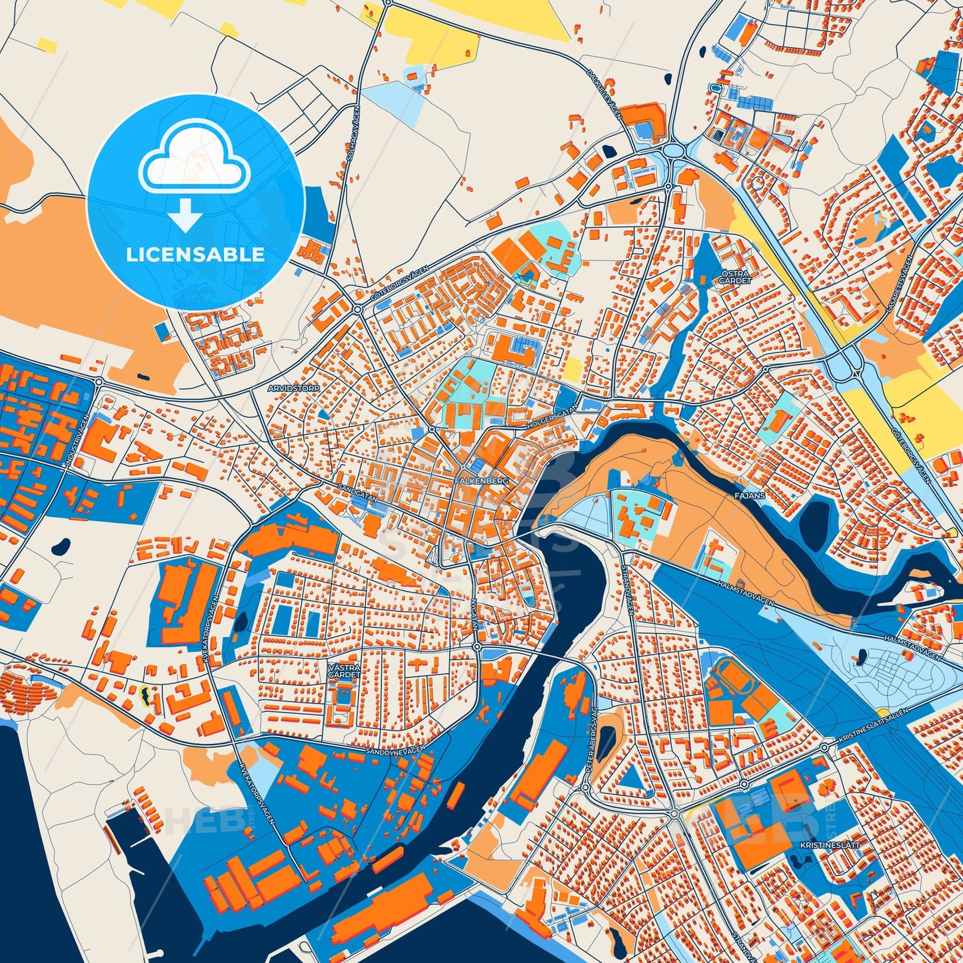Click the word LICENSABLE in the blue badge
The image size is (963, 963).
[195, 255]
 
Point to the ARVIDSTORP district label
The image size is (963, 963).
[294, 387]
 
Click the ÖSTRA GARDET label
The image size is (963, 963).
[734, 277]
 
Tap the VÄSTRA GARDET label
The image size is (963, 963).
[344, 670]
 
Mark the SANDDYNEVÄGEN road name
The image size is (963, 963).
[395, 750]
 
